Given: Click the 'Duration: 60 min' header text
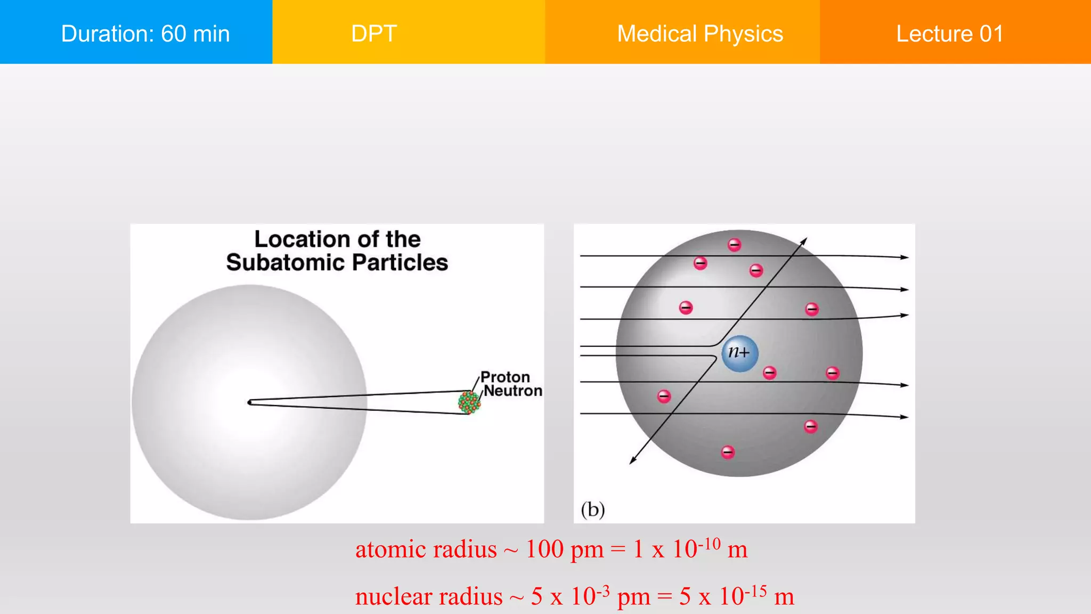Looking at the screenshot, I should pyautogui.click(x=145, y=34).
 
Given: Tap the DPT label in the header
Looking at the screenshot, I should pyautogui.click(x=374, y=34).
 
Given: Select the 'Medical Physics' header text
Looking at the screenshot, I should pyautogui.click(x=700, y=34).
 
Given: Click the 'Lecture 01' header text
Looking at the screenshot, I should pyautogui.click(x=950, y=34).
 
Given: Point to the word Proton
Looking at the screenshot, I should pyautogui.click(x=505, y=377).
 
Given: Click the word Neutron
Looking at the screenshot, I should pyautogui.click(x=513, y=391).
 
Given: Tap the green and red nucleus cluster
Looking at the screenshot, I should pyautogui.click(x=469, y=402).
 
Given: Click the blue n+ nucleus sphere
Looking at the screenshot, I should pyautogui.click(x=740, y=353).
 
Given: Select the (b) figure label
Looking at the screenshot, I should pyautogui.click(x=593, y=510).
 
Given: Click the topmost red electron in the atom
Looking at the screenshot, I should pyautogui.click(x=735, y=245).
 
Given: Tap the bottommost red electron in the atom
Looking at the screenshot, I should pyautogui.click(x=728, y=453).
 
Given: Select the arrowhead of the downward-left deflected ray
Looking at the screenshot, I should pyautogui.click(x=632, y=461).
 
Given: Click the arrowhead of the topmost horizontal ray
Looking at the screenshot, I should pyautogui.click(x=905, y=257).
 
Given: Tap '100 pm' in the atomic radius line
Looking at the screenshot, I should pyautogui.click(x=565, y=549).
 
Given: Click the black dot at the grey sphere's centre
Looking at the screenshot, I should pyautogui.click(x=250, y=402).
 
